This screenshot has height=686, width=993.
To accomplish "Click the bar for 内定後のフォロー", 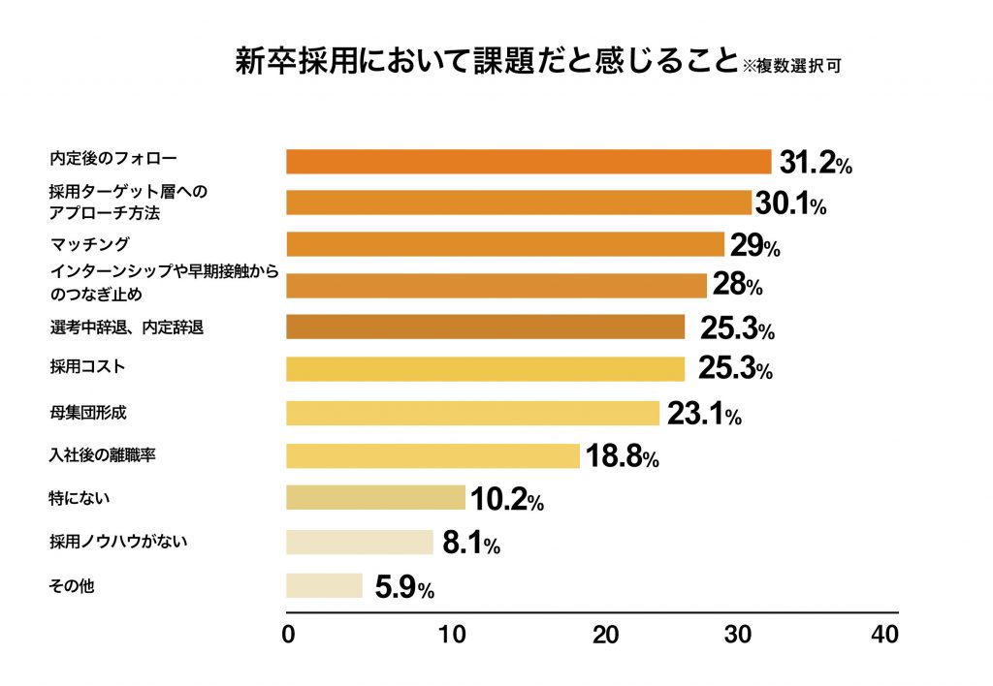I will [x=528, y=162].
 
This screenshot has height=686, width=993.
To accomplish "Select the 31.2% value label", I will [x=815, y=163].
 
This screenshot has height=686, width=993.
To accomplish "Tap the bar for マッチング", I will [x=504, y=244].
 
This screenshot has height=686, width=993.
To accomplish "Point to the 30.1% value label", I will [x=790, y=203].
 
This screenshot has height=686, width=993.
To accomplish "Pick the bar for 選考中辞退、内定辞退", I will [x=485, y=327].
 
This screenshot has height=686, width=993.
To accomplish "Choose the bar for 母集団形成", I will [x=472, y=413].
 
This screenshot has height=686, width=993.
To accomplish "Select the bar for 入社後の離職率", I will [x=432, y=455].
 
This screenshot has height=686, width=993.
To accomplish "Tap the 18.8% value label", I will [x=623, y=457].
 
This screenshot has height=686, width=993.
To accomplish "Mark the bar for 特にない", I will [x=375, y=498].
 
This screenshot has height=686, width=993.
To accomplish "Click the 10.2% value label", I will [x=506, y=499].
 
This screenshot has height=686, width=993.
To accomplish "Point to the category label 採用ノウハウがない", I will [x=117, y=541].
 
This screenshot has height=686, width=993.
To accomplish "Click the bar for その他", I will [x=324, y=585].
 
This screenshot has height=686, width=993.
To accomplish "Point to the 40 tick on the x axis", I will [x=884, y=636].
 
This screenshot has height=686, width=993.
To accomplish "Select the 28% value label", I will [x=738, y=286].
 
